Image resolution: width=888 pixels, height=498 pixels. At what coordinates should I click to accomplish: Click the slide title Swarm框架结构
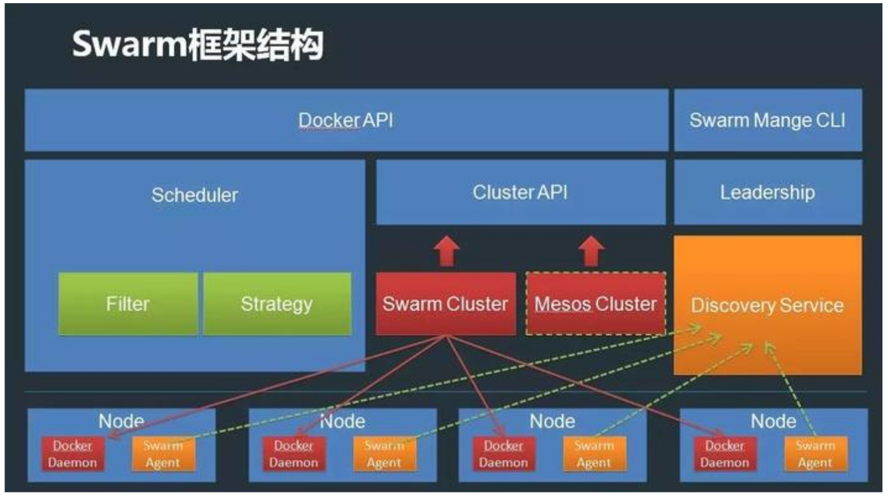197,45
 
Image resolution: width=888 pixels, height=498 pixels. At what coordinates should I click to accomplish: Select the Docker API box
346,120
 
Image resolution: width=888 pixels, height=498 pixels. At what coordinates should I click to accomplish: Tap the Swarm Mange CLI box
767,120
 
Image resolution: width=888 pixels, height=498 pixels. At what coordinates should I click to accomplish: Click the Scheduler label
195,195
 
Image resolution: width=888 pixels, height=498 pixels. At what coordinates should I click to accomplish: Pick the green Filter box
128,304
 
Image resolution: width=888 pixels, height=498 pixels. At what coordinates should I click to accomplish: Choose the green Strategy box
277,304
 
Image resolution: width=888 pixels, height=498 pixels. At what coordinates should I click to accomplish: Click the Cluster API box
520,192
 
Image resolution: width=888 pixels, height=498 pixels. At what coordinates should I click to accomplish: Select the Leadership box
767,192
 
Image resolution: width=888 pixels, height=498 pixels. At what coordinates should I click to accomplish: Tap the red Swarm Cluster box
445,304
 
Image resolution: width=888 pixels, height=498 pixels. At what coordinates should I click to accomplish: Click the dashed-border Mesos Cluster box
595,304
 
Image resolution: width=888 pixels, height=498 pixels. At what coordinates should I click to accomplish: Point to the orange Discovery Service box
767,305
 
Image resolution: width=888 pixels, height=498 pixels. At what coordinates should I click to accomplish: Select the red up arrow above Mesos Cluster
591,251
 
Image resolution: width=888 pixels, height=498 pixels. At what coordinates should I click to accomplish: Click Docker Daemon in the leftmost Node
73,454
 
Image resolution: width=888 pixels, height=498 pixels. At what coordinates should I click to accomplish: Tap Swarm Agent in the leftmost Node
162,454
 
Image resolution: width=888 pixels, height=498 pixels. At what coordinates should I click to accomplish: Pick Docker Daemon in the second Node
294,454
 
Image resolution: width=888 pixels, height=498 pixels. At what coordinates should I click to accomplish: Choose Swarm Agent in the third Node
594,454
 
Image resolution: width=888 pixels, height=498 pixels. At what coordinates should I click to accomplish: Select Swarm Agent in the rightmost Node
815,454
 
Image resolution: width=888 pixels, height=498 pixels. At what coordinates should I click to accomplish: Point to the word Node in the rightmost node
773,422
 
